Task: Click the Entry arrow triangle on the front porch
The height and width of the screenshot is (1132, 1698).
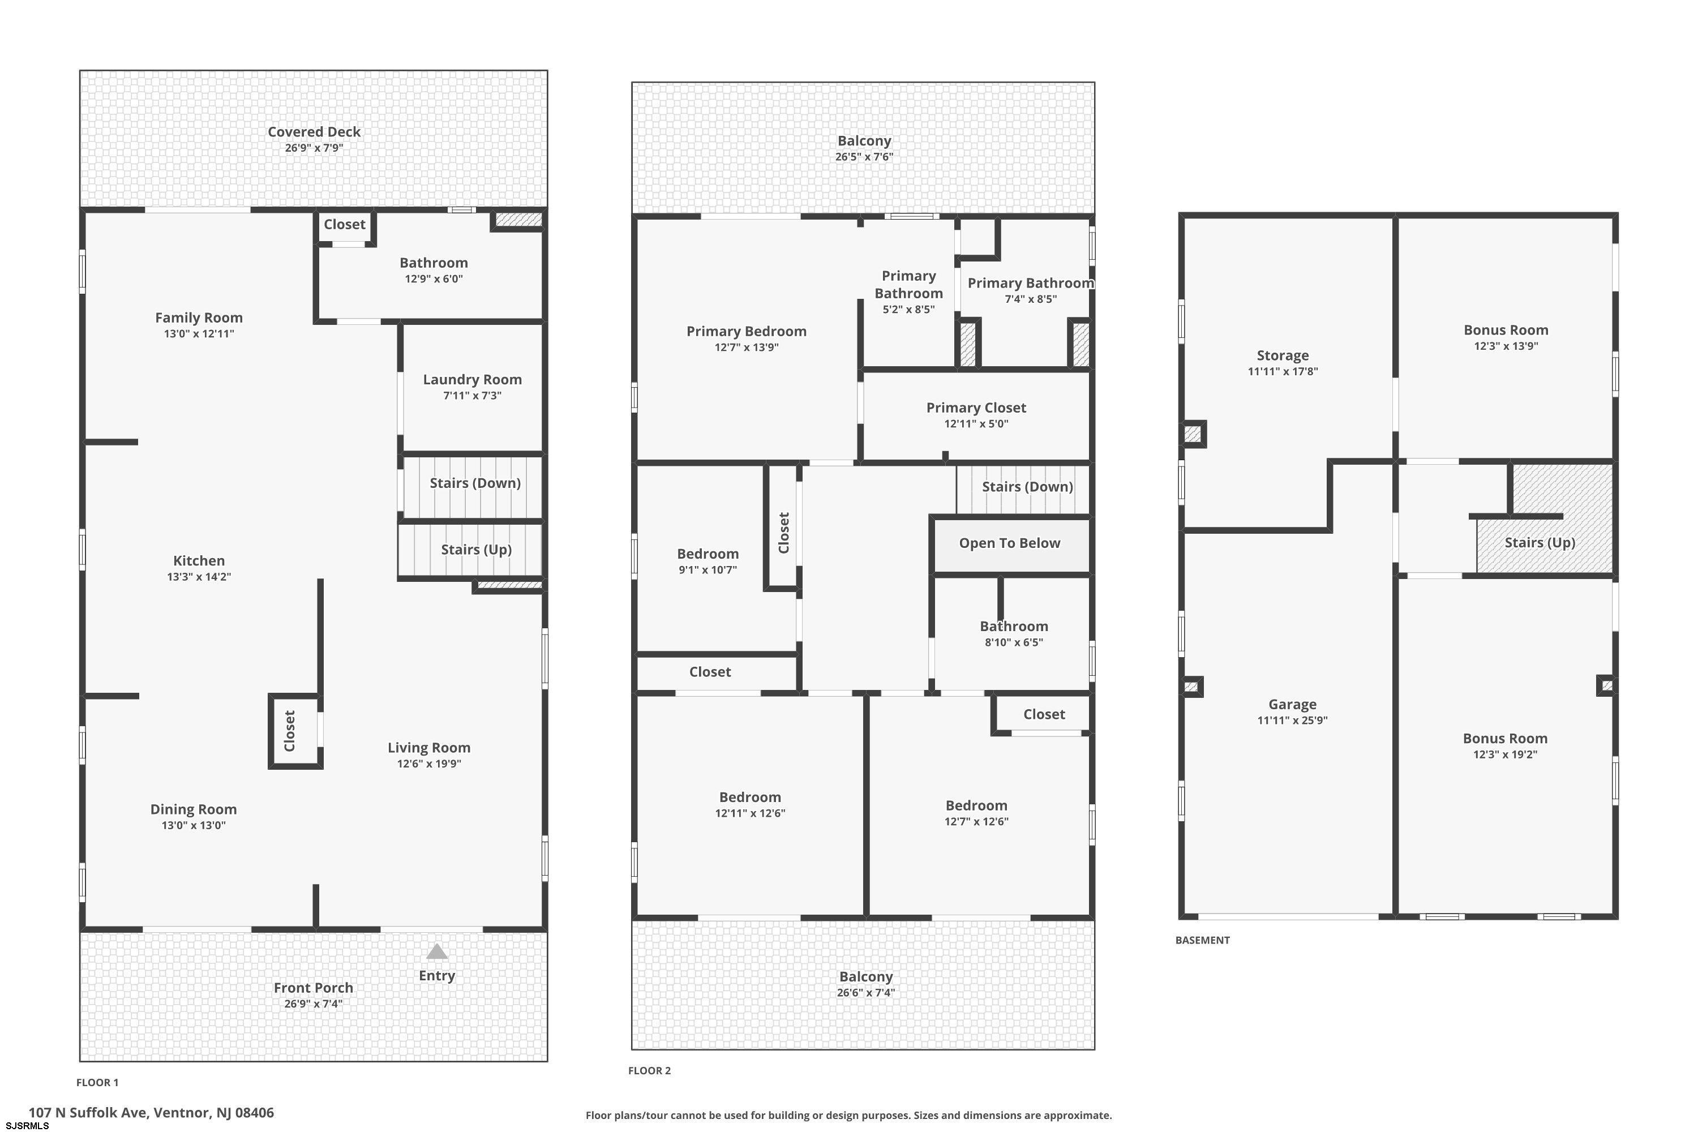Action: (437, 951)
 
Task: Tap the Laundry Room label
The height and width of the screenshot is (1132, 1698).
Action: (472, 380)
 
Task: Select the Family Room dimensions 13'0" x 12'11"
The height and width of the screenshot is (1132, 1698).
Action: (199, 333)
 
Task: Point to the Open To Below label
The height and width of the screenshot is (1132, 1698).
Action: (1009, 543)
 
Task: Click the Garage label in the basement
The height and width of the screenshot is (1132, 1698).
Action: (1292, 705)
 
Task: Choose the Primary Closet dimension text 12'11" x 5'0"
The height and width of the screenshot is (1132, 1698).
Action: (976, 424)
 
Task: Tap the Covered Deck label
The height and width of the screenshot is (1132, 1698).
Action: (314, 132)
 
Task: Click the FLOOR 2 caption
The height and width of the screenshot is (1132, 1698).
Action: (649, 1071)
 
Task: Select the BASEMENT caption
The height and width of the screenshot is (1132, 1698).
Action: (1202, 940)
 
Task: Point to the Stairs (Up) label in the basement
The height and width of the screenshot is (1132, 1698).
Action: (1540, 543)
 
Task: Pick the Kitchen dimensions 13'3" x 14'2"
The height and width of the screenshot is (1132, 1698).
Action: (199, 577)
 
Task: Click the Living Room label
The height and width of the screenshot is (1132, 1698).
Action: (429, 748)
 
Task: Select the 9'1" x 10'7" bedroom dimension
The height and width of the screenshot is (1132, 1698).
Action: (707, 569)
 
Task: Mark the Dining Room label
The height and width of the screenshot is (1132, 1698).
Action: (194, 810)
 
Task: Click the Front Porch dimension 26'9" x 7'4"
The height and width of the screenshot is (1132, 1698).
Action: (314, 1004)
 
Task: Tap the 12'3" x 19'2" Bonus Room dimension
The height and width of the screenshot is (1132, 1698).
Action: (1505, 754)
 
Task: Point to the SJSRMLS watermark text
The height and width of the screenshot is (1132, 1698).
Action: (27, 1126)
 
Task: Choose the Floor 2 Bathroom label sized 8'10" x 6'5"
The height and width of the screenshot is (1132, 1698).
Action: (1014, 627)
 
